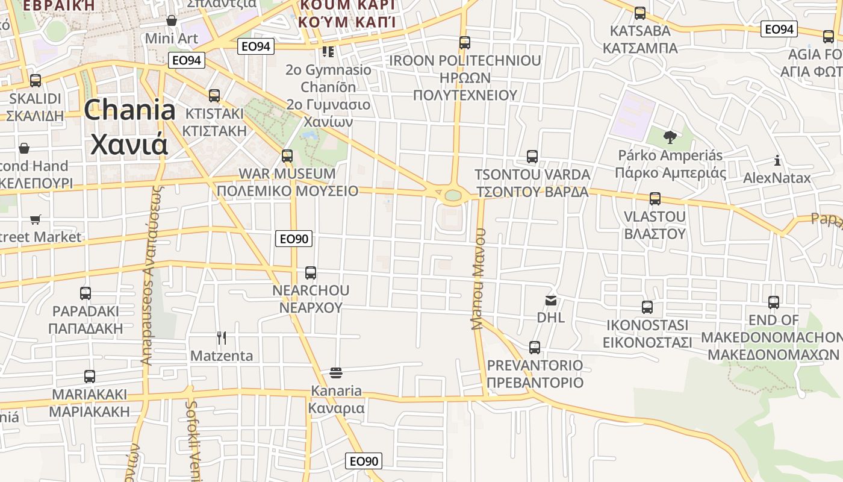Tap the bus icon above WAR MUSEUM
(x=287, y=156)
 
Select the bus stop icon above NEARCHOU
(x=311, y=273)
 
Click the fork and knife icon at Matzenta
(x=222, y=338)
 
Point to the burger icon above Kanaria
(x=336, y=373)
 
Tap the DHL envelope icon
(x=550, y=299)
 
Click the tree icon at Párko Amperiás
(x=670, y=137)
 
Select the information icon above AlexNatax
(x=777, y=161)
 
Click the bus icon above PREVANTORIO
(x=535, y=348)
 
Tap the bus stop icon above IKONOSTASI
(x=647, y=307)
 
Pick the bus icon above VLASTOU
(x=655, y=199)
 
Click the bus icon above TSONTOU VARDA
(x=532, y=157)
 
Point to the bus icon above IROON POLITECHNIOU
(x=464, y=43)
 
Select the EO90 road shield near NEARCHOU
(x=294, y=239)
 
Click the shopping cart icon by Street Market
(x=36, y=220)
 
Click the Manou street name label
(x=479, y=278)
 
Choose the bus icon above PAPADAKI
(x=86, y=293)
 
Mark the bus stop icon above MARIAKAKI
(x=90, y=377)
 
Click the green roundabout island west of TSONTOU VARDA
(x=453, y=195)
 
